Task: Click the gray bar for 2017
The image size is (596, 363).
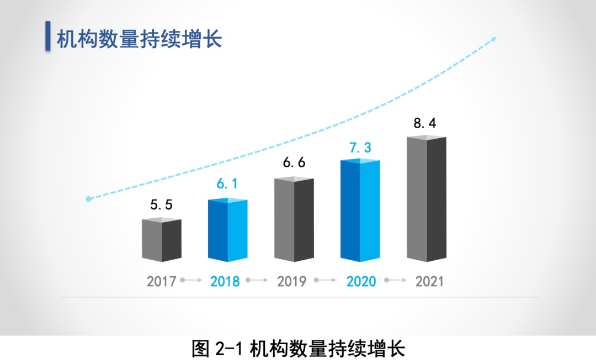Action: tap(161, 240)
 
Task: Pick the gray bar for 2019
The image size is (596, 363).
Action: tap(294, 219)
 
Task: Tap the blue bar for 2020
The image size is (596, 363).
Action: tap(360, 211)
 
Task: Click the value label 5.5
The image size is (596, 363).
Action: tap(161, 205)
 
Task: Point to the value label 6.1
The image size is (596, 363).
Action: tap(227, 185)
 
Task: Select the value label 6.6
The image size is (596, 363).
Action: tap(294, 163)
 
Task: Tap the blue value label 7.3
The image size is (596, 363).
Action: tap(360, 148)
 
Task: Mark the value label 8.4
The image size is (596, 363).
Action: tap(425, 123)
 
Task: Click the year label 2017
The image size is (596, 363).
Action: tap(161, 281)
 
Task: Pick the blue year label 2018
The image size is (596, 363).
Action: tap(225, 281)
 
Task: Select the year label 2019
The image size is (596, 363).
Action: tap(291, 281)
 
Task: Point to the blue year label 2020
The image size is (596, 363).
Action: tap(361, 281)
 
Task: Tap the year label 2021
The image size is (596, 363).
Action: tap(429, 281)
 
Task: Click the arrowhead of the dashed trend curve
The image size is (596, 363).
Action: tap(493, 39)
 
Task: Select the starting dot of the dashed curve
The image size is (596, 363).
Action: tap(88, 199)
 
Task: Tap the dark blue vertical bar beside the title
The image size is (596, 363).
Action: tap(48, 36)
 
